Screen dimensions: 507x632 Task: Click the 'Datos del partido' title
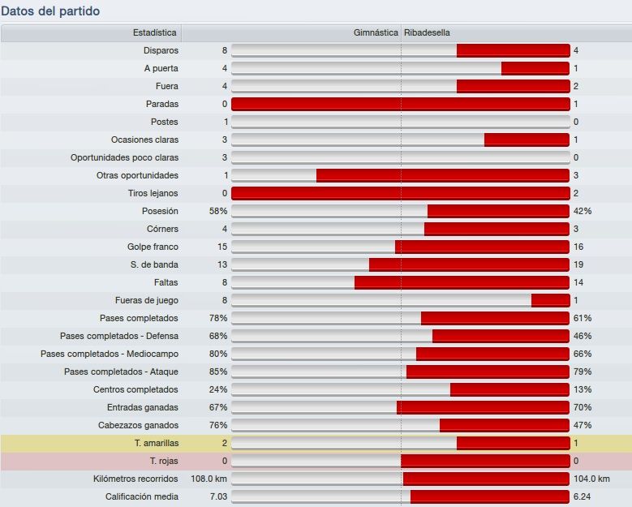[50, 11]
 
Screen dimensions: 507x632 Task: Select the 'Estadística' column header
[154, 32]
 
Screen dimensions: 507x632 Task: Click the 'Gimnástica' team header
[376, 32]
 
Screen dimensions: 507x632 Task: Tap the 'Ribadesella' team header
[427, 32]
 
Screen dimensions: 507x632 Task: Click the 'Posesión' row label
[160, 211]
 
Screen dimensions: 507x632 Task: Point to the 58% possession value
[217, 211]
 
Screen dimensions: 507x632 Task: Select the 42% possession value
[583, 211]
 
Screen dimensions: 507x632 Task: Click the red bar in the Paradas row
[400, 104]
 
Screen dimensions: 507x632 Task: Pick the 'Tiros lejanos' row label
[153, 193]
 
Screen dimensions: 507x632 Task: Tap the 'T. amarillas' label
[156, 443]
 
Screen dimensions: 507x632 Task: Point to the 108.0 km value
[209, 479]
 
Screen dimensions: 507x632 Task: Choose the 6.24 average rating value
[583, 496]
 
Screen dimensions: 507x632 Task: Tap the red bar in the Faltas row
[462, 282]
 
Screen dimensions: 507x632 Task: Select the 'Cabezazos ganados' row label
[138, 425]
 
